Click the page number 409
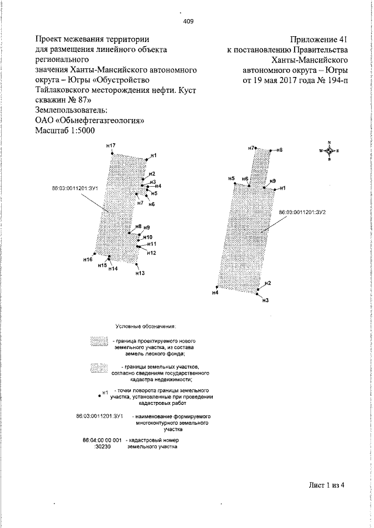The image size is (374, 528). tap(188, 22)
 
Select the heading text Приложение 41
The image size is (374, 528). tap(318, 39)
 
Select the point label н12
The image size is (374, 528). tap(151, 253)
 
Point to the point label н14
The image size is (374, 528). tap(113, 269)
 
